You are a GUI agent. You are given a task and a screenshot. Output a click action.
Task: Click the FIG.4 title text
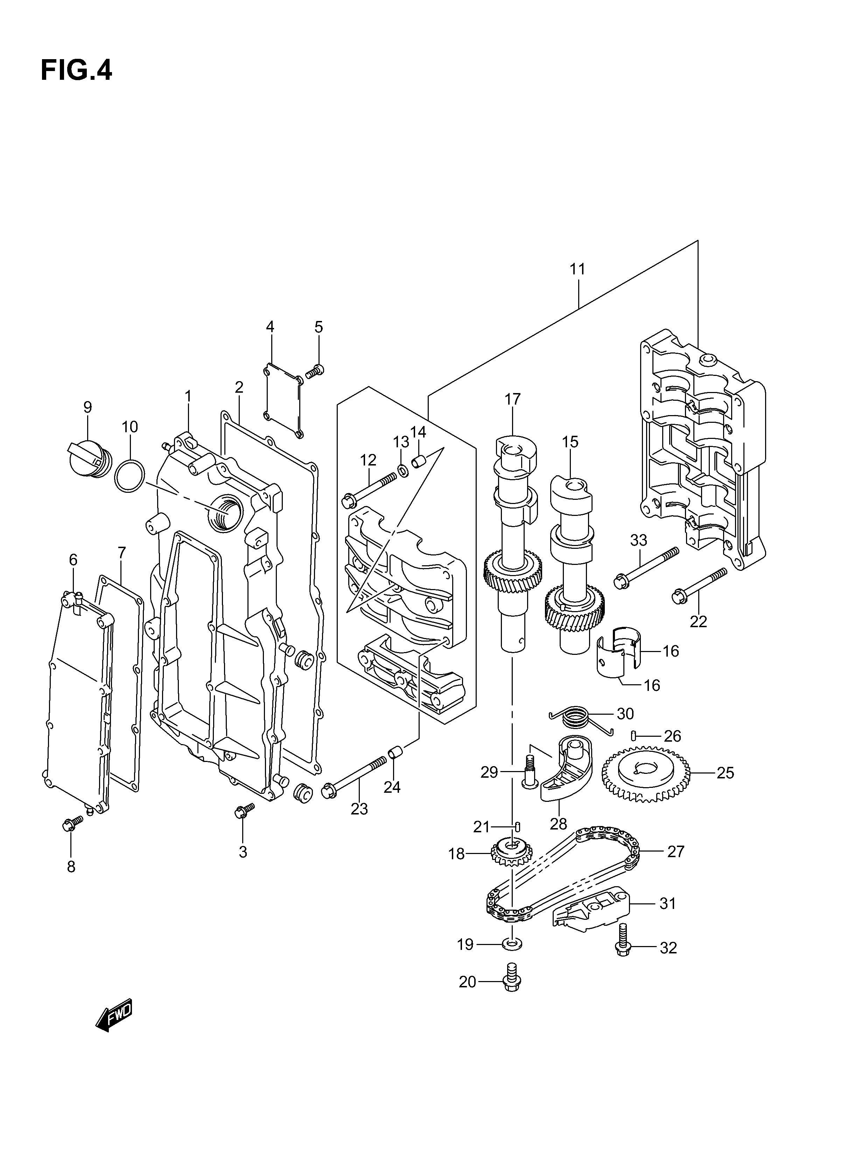[76, 70]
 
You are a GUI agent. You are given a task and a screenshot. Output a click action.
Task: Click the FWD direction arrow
[114, 1015]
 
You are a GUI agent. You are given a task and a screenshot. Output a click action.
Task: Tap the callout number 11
[577, 269]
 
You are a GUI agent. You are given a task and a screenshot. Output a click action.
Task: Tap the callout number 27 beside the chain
[676, 852]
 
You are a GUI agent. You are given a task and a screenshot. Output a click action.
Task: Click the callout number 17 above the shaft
[512, 399]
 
